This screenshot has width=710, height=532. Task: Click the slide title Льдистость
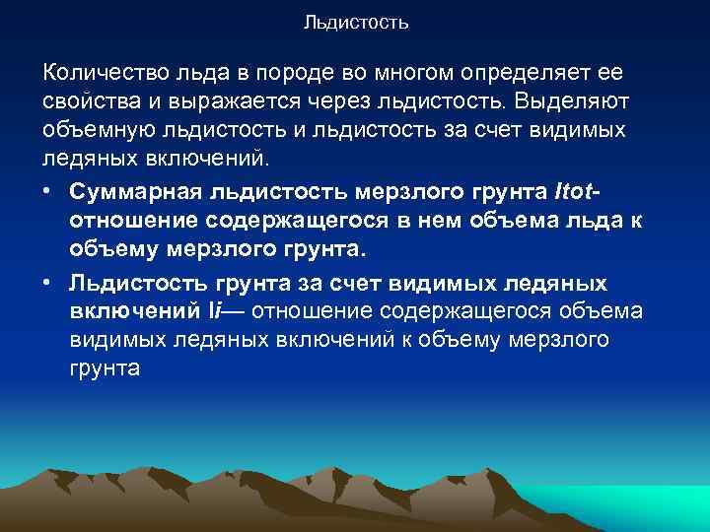(356, 21)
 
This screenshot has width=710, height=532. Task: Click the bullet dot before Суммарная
(49, 186)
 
